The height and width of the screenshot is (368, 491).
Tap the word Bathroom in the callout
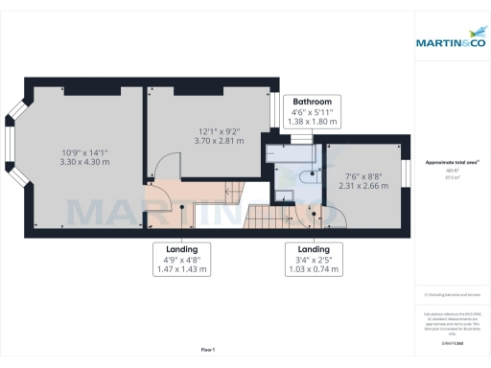313,102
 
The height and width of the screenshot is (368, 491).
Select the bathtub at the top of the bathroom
292,150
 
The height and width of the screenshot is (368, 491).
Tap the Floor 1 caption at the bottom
208,349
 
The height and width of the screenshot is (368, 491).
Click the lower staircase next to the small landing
267,218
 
